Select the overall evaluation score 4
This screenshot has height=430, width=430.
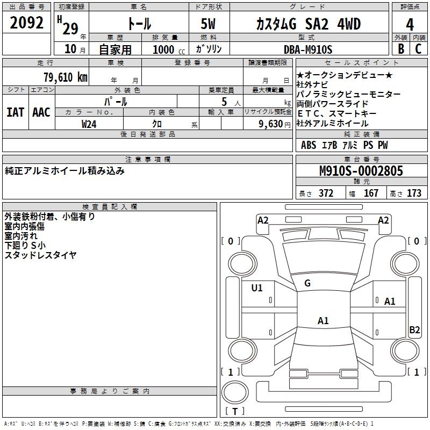pyautogui.click(x=409, y=24)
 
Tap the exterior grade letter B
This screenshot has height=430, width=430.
pyautogui.click(x=401, y=49)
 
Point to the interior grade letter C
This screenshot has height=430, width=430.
pyautogui.click(x=418, y=49)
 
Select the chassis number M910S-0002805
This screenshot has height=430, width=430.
pyautogui.click(x=361, y=171)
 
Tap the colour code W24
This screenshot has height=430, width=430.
pyautogui.click(x=89, y=124)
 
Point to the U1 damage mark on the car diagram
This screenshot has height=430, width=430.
pyautogui.click(x=257, y=288)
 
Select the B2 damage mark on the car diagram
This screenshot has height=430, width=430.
pyautogui.click(x=414, y=330)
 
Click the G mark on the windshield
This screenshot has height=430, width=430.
pyautogui.click(x=307, y=283)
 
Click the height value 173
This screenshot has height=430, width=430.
pyautogui.click(x=414, y=193)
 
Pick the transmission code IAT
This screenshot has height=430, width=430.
pyautogui.click(x=15, y=112)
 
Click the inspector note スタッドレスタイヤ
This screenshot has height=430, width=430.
pyautogui.click(x=41, y=255)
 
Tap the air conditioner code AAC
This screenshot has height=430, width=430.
pyautogui.click(x=41, y=112)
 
